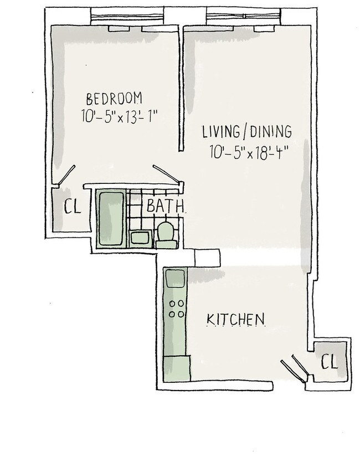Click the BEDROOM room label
click(114, 99)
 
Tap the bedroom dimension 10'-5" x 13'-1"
click(119, 116)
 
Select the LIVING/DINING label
click(247, 132)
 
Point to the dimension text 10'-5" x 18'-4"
click(249, 152)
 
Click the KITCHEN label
click(235, 320)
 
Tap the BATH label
click(165, 206)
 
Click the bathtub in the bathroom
click(111, 219)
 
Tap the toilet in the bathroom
click(165, 235)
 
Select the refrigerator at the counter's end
click(177, 368)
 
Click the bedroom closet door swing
click(66, 175)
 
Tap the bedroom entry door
click(167, 174)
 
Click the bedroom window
click(127, 14)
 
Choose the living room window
click(244, 14)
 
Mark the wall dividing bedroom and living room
click(181, 89)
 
